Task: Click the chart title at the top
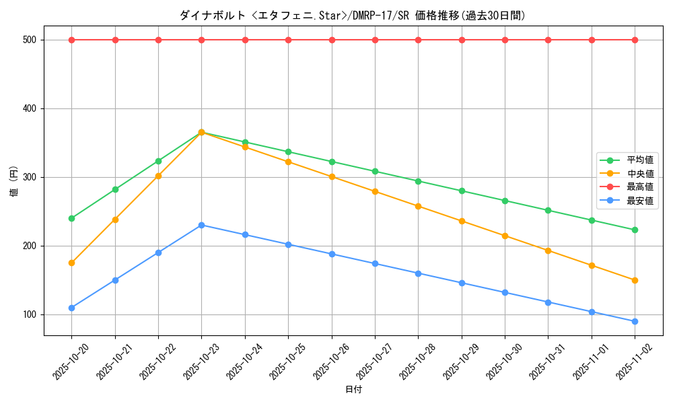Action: (x=353, y=15)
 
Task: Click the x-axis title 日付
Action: (x=353, y=390)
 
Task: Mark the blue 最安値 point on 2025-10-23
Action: (x=201, y=225)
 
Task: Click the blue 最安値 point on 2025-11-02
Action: (x=635, y=321)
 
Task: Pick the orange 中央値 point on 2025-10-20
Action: (x=71, y=263)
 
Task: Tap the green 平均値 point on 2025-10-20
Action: (x=71, y=218)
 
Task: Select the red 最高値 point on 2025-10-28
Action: (x=418, y=40)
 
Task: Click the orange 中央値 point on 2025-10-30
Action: (x=505, y=236)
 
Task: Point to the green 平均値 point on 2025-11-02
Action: (x=635, y=230)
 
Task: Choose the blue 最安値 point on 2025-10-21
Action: (x=115, y=280)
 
